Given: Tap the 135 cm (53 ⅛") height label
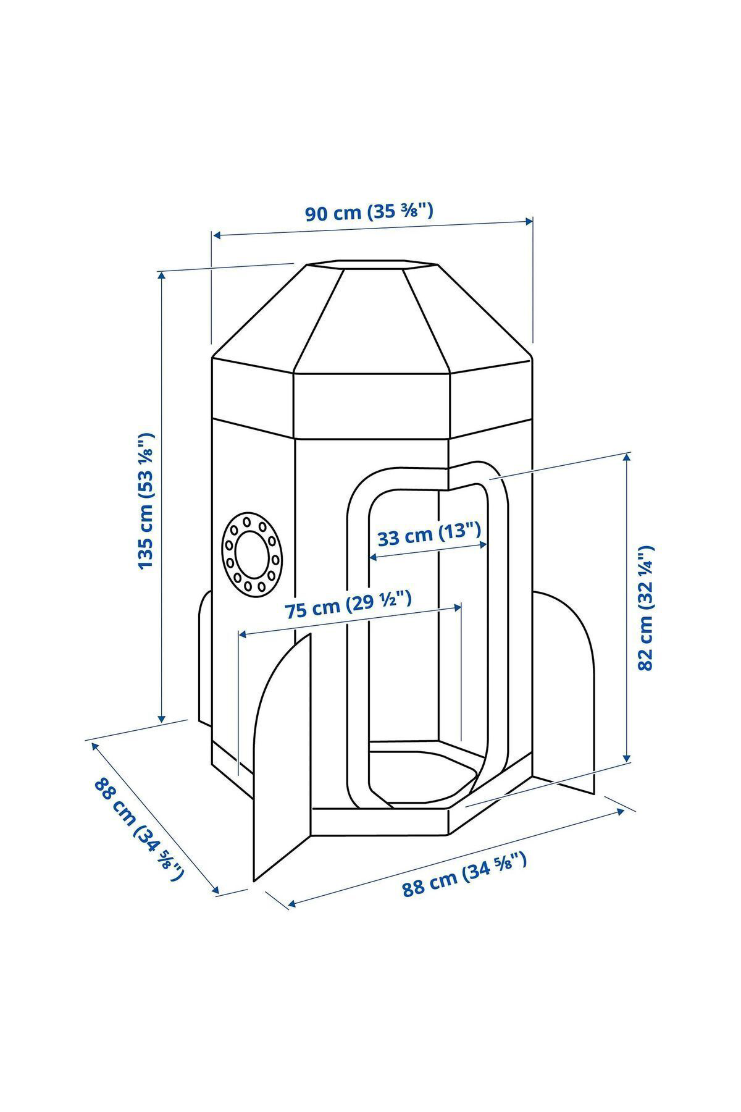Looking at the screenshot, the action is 146,501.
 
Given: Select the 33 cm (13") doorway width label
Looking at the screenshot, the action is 429,534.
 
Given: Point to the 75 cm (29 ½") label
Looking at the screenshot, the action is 348,605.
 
